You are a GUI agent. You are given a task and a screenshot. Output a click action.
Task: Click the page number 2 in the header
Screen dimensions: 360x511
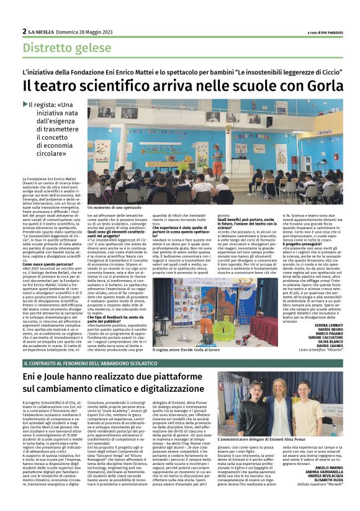pyautogui.click(x=24, y=31)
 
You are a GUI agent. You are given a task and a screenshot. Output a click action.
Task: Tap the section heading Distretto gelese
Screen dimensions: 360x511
pyautogui.click(x=61, y=47)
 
